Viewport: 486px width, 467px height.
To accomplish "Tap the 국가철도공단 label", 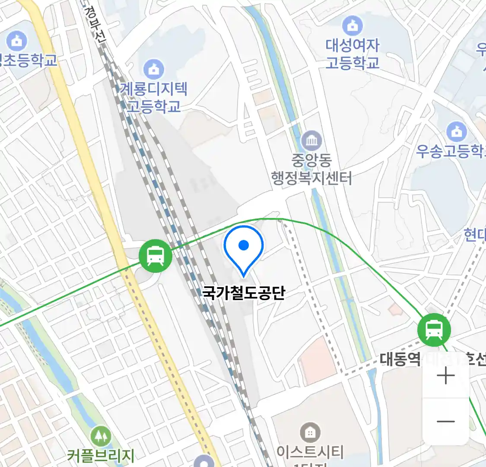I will coord(244,293).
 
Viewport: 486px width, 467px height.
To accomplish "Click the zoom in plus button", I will coord(445,375).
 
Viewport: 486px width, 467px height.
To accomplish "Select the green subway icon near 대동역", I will coord(434,330).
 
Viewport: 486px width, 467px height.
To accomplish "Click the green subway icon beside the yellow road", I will coord(156,256).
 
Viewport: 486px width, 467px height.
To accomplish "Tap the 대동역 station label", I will coord(400,359).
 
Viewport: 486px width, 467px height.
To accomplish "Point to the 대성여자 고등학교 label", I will coord(353,54).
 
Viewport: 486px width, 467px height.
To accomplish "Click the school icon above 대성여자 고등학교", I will coord(353,26).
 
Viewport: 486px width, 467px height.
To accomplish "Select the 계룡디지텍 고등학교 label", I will coord(154,98).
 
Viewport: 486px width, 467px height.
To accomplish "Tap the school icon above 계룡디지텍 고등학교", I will coord(154,69).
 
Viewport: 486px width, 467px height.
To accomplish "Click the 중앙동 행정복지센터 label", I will coord(311,169).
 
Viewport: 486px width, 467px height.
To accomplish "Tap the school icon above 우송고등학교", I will coord(456,131).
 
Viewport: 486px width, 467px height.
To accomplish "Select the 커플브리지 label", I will coord(101,455).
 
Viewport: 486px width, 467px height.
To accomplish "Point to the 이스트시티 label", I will coord(310,452).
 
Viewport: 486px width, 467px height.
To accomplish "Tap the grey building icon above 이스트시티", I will coord(310,432).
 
